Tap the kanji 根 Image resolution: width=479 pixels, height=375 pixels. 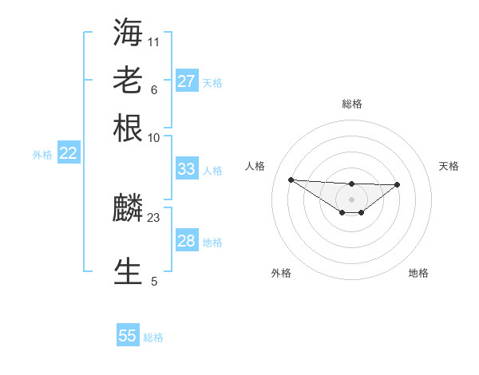129,128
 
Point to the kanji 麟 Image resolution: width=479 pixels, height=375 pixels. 129,209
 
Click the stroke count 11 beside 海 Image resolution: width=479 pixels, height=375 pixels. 154,41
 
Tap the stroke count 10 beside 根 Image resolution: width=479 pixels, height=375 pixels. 154,137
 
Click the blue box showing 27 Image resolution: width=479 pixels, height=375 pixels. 186,81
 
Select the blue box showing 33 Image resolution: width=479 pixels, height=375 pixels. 186,169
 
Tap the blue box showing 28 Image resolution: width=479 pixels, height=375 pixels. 186,241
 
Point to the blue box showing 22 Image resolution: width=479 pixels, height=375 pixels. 68,154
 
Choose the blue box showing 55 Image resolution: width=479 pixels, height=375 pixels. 128,336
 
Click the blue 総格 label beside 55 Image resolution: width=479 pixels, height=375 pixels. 153,337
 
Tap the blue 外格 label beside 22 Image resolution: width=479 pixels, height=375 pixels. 42,155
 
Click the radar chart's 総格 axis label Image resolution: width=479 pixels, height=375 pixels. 351,104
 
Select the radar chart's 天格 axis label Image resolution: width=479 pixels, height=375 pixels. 449,166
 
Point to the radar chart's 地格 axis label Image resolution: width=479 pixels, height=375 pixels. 418,273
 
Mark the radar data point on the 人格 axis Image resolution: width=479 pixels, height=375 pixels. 291,180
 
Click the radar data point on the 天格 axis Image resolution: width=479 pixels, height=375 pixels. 398,184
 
